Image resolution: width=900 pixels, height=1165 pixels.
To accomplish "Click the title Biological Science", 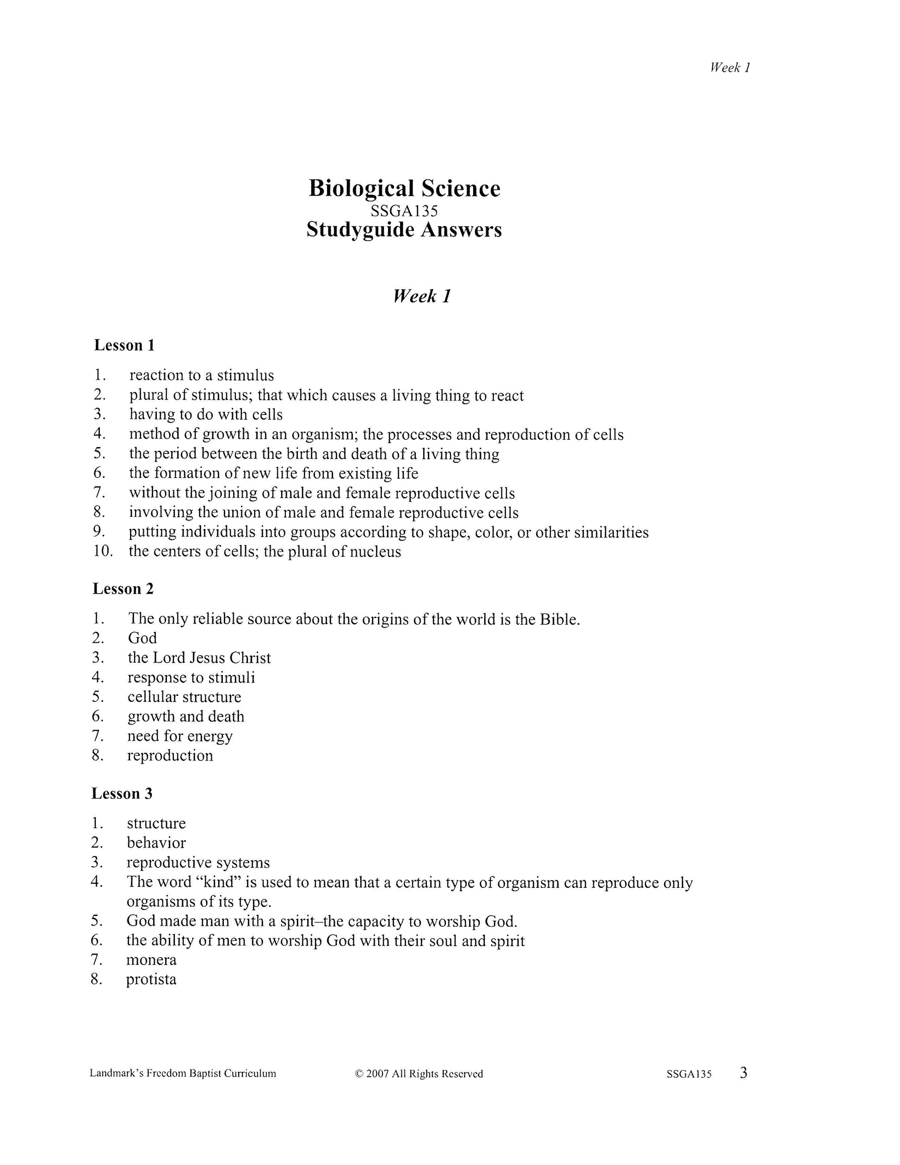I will pos(404,189).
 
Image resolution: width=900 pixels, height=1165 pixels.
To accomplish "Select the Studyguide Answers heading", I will pos(404,230).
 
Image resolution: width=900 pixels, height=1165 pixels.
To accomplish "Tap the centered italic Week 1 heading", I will pos(422,296).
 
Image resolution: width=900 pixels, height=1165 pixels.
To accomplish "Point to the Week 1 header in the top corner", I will pos(730,67).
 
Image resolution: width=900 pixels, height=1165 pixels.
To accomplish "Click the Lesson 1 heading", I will pos(124,345).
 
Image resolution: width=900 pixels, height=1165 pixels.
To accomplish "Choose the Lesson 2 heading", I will pos(123,589).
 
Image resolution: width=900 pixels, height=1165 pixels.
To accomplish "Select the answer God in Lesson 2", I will pos(142,638).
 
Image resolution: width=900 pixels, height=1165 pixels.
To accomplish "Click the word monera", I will pos(151,960).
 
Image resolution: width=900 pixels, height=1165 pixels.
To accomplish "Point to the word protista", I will pos(151,979).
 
